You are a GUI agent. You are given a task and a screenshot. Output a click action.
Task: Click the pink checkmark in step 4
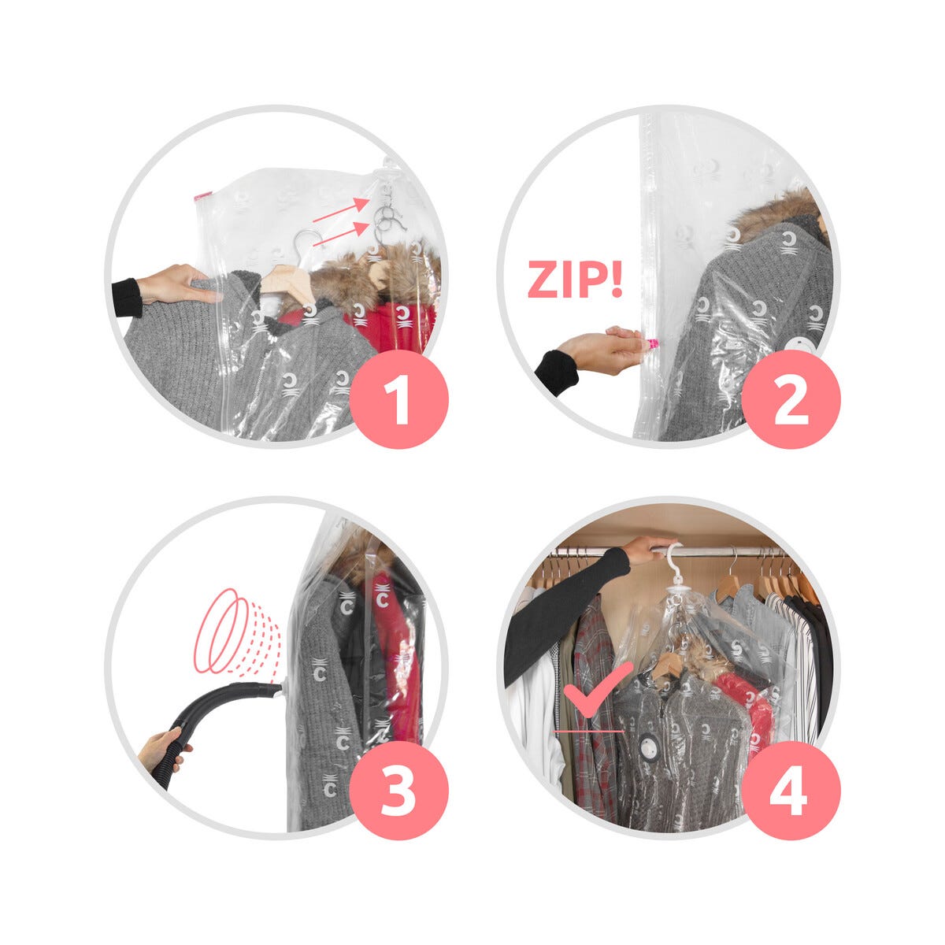(x=598, y=689)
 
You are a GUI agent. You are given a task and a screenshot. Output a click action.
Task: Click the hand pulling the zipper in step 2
(x=604, y=349)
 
